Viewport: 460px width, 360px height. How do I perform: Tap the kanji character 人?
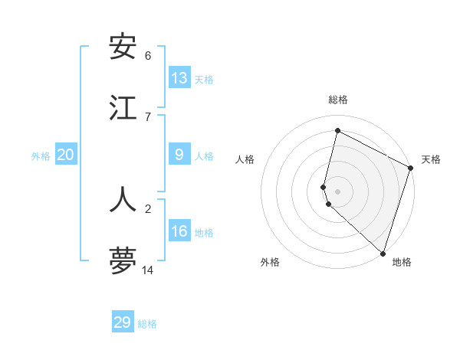(x=123, y=199)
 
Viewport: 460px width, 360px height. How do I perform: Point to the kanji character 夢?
(x=123, y=260)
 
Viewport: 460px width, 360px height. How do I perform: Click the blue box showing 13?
(x=179, y=77)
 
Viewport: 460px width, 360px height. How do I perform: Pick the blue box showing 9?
(x=179, y=155)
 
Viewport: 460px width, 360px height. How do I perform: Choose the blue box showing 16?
(x=179, y=231)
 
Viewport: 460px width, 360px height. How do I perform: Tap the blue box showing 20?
(x=65, y=155)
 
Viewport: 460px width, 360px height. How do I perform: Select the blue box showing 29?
(x=123, y=322)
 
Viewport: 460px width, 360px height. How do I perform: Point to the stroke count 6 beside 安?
(x=148, y=55)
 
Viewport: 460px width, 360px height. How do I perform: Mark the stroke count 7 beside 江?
(x=148, y=116)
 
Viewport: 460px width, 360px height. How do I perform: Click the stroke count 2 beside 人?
(x=148, y=208)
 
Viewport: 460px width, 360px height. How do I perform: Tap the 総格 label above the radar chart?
(x=338, y=100)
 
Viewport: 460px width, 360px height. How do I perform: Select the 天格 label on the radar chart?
(x=431, y=159)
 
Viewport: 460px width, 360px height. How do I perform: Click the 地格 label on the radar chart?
(x=402, y=262)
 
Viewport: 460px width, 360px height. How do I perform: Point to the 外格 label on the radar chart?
(x=270, y=262)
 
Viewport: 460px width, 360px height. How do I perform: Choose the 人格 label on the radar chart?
(x=245, y=159)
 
